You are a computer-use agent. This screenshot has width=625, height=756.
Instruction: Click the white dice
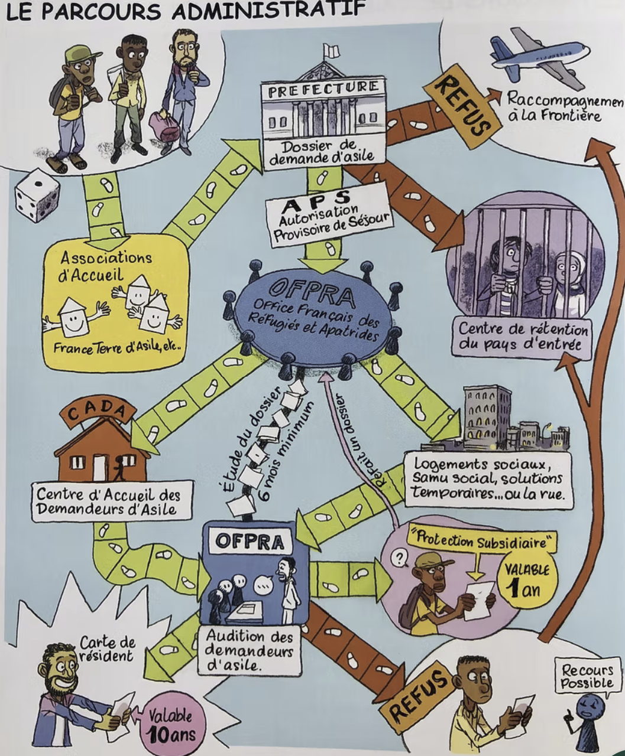(x=37, y=195)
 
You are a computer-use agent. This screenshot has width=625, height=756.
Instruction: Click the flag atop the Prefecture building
(x=331, y=51)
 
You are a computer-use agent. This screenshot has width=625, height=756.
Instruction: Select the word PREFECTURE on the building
(x=323, y=90)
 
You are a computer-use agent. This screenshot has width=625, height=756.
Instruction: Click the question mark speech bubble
(x=400, y=558)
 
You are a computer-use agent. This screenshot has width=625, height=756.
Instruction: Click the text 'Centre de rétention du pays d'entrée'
(x=522, y=337)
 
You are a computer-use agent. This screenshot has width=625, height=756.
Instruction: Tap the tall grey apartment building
(x=487, y=413)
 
